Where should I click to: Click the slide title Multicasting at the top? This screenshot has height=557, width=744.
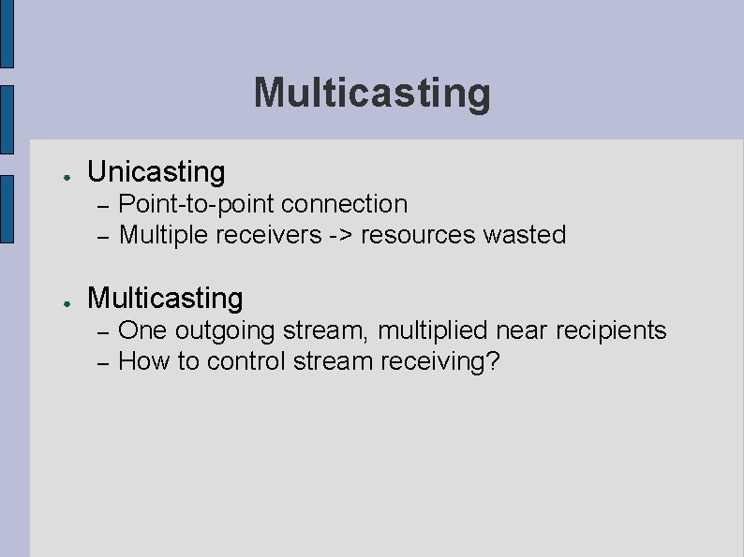coord(372,93)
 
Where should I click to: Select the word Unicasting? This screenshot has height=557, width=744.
coord(156,172)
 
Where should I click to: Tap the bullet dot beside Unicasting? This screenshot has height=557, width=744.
coord(57,175)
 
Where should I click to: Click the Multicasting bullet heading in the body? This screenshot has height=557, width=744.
coord(164,299)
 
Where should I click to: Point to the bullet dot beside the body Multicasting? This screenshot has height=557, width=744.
coord(57,301)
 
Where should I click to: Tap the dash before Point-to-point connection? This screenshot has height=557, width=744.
coord(103,205)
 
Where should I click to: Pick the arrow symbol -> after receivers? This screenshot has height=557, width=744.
coord(340,235)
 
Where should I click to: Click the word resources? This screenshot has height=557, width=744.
coord(418,235)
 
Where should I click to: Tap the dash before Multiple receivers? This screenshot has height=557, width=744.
coord(103,236)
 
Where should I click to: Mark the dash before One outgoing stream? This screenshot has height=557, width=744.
coord(103,331)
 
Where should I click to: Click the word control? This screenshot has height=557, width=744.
coord(246,361)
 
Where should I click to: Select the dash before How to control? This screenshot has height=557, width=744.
coord(103,362)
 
